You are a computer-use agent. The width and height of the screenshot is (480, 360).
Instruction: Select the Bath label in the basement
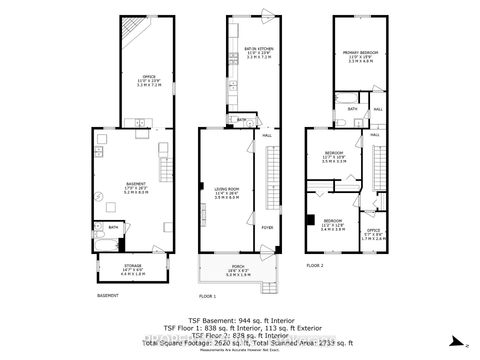click(113, 227)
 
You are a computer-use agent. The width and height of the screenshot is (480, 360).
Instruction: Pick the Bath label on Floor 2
click(352, 110)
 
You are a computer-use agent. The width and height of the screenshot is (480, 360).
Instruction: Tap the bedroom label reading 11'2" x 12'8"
click(332, 223)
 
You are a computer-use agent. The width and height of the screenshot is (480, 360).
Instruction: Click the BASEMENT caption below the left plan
click(109, 296)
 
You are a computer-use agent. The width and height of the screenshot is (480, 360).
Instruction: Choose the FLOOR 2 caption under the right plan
click(315, 265)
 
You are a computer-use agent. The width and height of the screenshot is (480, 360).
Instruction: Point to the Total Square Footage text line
click(239, 342)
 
